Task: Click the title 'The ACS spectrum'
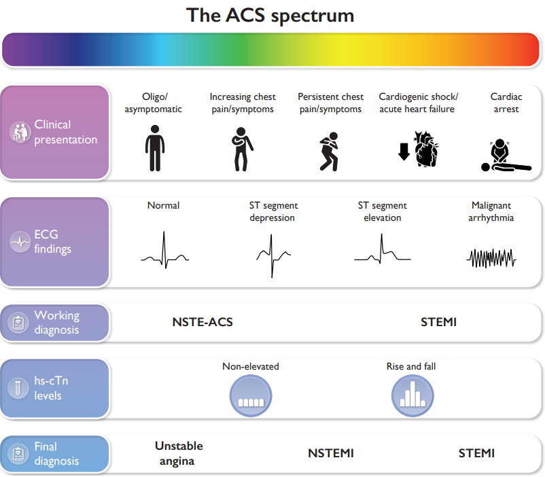coord(270,15)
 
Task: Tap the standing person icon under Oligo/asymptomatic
coord(155,147)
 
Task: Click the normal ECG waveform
coord(164,251)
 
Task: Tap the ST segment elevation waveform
coord(382,249)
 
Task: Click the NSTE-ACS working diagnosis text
coord(203,322)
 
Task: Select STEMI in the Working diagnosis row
coord(438,322)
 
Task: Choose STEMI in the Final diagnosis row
coord(476,453)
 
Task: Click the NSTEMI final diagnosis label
coord(331,453)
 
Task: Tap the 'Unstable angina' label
coord(179,453)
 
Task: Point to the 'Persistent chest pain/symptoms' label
coord(331,103)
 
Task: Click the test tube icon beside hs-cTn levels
coord(18,388)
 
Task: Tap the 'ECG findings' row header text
coord(52,242)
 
